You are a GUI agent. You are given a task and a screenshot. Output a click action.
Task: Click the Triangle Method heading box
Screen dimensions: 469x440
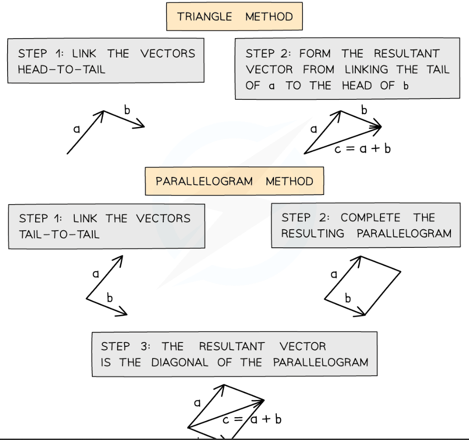pyautogui.click(x=234, y=17)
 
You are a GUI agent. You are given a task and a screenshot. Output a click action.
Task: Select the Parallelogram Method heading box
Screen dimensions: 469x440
pyautogui.click(x=234, y=181)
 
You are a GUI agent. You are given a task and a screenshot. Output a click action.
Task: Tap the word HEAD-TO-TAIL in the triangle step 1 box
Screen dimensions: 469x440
pyautogui.click(x=61, y=69)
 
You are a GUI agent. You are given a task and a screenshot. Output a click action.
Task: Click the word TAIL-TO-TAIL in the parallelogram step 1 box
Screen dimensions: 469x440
pyautogui.click(x=59, y=234)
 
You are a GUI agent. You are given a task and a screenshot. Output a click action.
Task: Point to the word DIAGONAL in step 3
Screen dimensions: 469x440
pyautogui.click(x=179, y=362)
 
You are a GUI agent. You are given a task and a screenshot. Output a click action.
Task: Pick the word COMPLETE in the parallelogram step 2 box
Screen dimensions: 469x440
pyautogui.click(x=371, y=218)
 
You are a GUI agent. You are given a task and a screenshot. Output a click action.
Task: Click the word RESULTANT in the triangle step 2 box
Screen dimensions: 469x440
pyautogui.click(x=407, y=53)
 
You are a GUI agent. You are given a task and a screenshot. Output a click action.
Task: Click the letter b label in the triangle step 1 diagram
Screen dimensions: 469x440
pyautogui.click(x=127, y=110)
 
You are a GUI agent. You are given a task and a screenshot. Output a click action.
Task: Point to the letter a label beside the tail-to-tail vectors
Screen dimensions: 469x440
pyautogui.click(x=96, y=274)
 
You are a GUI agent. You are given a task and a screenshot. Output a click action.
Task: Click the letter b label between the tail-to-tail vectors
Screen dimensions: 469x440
pyautogui.click(x=110, y=298)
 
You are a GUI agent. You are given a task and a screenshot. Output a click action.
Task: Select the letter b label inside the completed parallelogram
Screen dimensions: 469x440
pyautogui.click(x=348, y=298)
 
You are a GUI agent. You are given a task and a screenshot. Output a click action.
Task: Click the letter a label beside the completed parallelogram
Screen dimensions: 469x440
pyautogui.click(x=333, y=274)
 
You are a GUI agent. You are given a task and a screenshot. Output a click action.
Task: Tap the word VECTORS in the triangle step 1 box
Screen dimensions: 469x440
pyautogui.click(x=168, y=53)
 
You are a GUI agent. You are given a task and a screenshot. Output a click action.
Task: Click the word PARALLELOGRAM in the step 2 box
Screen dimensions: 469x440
pyautogui.click(x=404, y=234)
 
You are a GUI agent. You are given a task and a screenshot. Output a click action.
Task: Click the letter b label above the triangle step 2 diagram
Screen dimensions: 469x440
pyautogui.click(x=364, y=110)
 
